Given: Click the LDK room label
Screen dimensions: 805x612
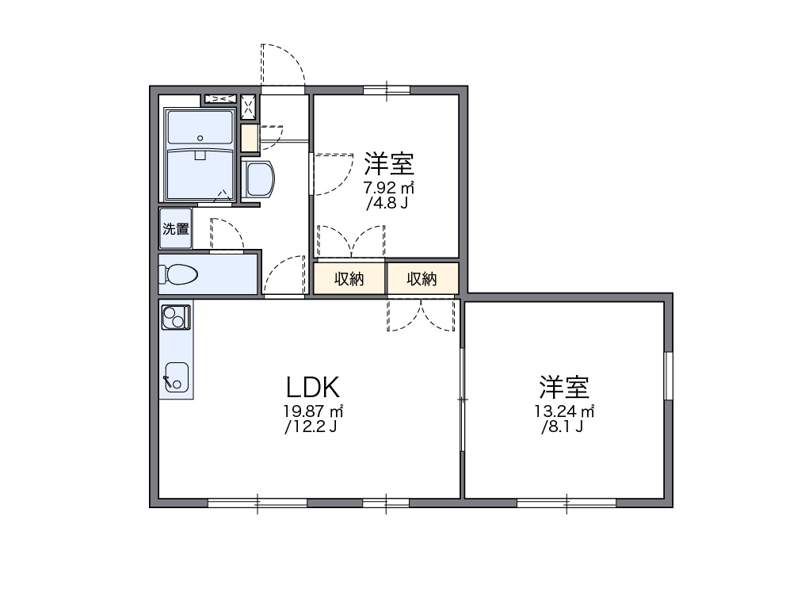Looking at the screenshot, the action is click(x=313, y=388).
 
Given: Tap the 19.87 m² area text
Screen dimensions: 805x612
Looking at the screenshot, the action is click(x=313, y=411).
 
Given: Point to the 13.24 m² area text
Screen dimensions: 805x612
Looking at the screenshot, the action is click(x=564, y=411).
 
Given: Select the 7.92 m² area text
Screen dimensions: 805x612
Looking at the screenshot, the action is click(x=389, y=188).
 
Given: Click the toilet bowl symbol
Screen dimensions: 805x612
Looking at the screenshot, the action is click(x=177, y=274).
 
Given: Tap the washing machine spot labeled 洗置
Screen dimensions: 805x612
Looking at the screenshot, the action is click(x=176, y=228).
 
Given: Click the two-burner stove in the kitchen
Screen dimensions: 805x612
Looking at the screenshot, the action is click(x=176, y=317).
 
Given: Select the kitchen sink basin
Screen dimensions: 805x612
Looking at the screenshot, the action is click(x=176, y=377).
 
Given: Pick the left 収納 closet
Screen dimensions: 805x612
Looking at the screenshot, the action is click(x=349, y=278).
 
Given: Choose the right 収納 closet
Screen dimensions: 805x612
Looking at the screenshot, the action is click(x=422, y=278).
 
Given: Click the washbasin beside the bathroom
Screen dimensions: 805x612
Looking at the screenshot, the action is click(x=258, y=179).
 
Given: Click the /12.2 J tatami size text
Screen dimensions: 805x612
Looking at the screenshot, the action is click(x=311, y=426).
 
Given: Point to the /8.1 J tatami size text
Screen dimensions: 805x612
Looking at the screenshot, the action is click(x=563, y=426).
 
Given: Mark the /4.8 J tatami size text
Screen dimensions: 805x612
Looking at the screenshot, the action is click(x=387, y=203).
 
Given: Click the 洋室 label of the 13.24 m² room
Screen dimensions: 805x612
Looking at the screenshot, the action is click(x=563, y=388).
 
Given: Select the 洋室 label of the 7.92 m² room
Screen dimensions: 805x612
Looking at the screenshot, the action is click(x=389, y=163).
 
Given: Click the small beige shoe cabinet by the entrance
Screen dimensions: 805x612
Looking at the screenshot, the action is click(x=250, y=138).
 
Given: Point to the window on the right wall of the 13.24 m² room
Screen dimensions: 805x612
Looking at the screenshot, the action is click(x=669, y=376).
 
